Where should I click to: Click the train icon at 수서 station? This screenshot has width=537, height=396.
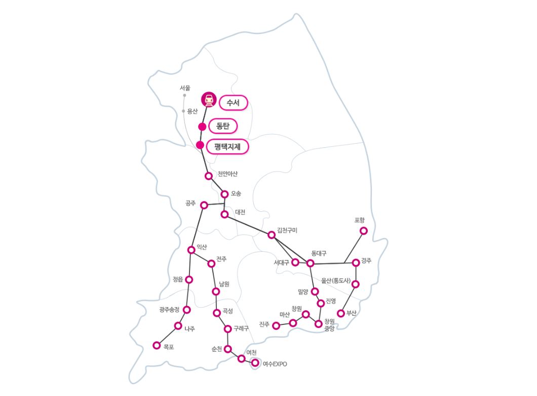click(x=208, y=100)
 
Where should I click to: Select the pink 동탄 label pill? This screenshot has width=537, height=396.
click(x=223, y=125)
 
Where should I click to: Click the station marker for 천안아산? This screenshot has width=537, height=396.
click(x=208, y=176)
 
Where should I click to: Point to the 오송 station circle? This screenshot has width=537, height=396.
click(x=224, y=194)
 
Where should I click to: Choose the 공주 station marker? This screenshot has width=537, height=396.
click(x=204, y=205)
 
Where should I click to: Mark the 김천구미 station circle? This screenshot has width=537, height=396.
click(x=272, y=235)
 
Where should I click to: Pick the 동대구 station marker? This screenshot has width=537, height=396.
click(x=311, y=263)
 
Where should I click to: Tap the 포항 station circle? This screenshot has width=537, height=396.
click(x=363, y=231)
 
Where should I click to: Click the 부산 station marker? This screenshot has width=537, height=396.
click(x=341, y=313)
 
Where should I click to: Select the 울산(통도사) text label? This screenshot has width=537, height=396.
click(x=339, y=280)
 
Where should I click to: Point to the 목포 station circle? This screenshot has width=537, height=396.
click(x=156, y=346)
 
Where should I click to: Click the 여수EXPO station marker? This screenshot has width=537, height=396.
click(x=255, y=363)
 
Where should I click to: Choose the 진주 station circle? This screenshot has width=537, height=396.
click(x=276, y=325)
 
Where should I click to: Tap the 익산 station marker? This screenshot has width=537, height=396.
click(x=191, y=250)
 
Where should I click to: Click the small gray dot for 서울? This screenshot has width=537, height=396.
click(x=184, y=95)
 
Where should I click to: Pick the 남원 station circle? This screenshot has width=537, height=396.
click(x=216, y=291)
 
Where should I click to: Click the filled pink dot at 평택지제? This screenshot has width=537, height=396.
click(x=200, y=145)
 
